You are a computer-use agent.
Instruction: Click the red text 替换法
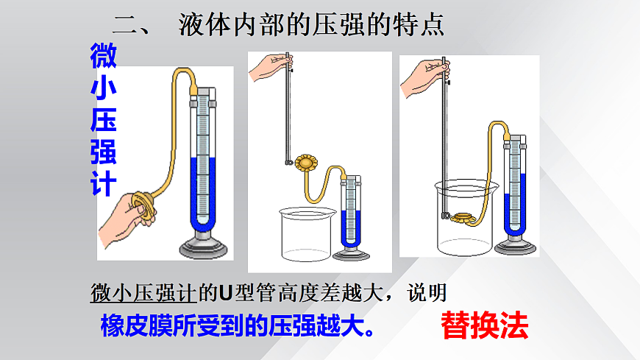coord(485,325)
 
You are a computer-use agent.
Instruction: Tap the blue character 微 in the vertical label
coord(104,55)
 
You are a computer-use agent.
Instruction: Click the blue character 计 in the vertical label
coord(104,183)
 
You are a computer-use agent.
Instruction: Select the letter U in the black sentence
coord(225,292)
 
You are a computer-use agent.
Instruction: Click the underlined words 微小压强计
coord(143,292)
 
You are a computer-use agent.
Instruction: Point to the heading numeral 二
coord(125,25)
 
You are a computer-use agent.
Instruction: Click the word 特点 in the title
coord(419,25)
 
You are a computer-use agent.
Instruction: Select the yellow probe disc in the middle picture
coord(306,163)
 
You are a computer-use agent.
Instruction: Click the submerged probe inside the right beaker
coord(463,218)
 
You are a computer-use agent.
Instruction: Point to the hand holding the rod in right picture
coord(424,77)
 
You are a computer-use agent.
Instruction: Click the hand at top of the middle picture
coord(270,66)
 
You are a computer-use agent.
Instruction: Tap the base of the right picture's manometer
coord(515,246)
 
